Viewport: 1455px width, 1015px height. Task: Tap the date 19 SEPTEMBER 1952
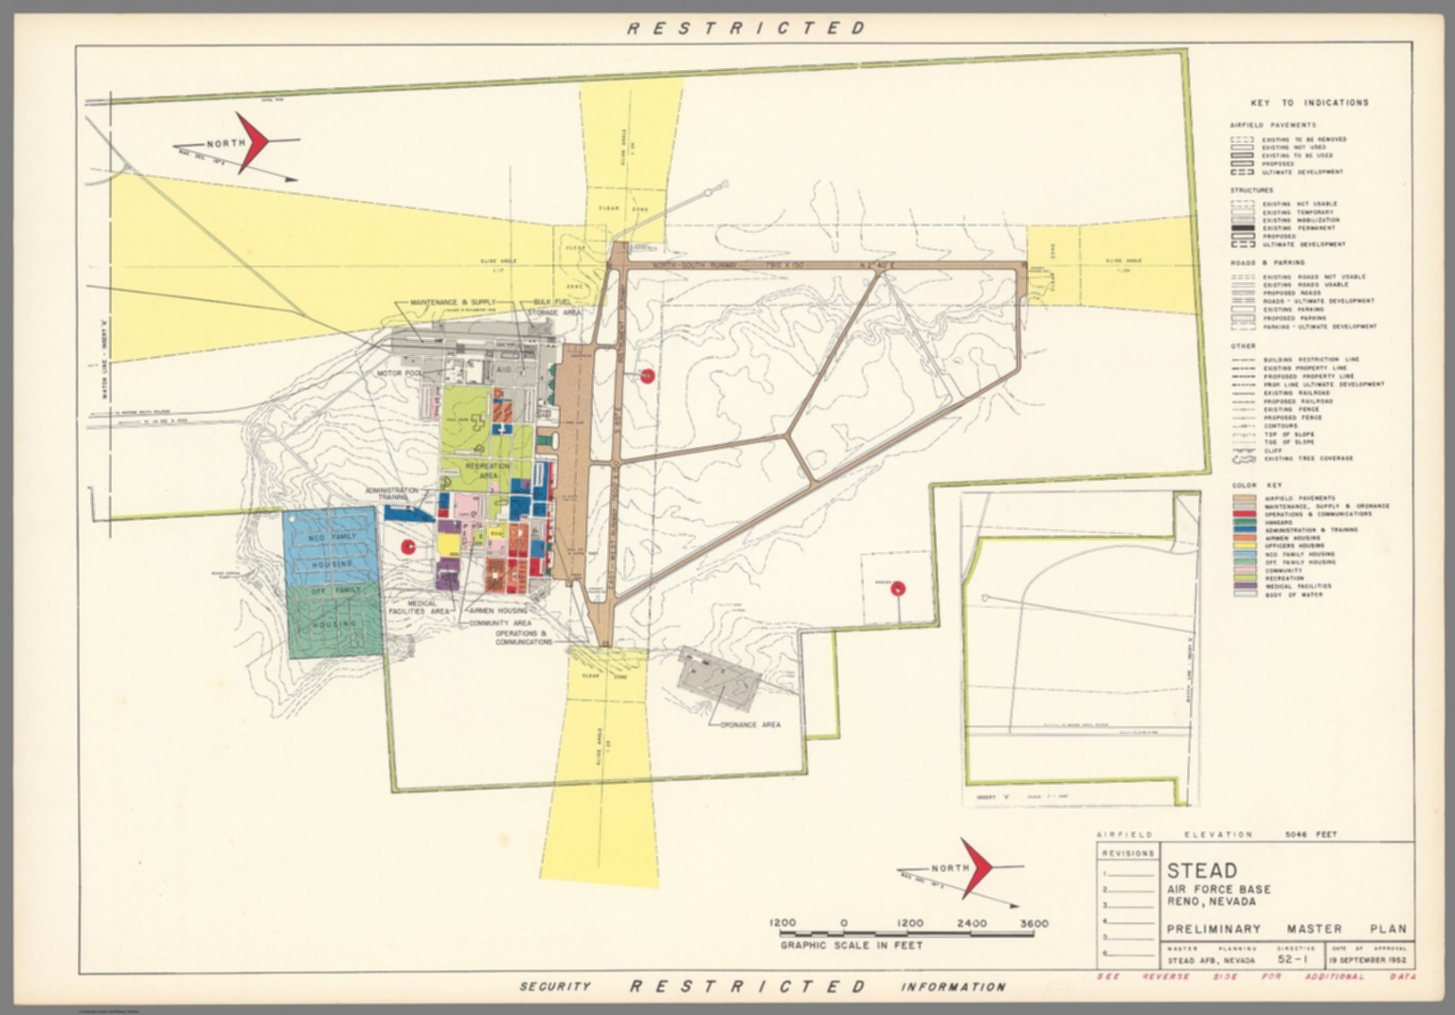(x=1369, y=959)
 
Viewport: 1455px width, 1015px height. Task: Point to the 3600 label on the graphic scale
(x=1033, y=923)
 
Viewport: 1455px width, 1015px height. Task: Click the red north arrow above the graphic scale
(x=977, y=867)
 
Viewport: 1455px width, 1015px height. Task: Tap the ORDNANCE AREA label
(x=750, y=724)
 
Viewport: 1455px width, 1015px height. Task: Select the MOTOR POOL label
(x=398, y=374)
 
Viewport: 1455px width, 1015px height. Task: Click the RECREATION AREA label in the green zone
(x=488, y=471)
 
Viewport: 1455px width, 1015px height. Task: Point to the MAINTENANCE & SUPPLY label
(x=453, y=302)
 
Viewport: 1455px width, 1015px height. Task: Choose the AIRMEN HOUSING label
(x=497, y=612)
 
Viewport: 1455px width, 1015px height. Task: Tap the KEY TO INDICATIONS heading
(x=1309, y=102)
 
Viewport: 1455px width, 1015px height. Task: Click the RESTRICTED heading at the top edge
(x=746, y=27)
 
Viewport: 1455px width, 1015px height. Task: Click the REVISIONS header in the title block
(x=1127, y=853)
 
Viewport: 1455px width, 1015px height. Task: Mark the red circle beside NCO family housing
(x=408, y=547)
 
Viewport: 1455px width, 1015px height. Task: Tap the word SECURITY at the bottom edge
(x=554, y=987)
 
